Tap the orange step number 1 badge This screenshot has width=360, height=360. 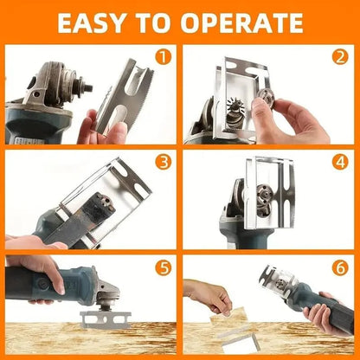[x=160, y=59]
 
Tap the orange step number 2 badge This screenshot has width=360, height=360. [x=340, y=59]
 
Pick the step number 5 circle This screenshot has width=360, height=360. [x=160, y=267]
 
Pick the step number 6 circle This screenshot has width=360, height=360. [x=340, y=267]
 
